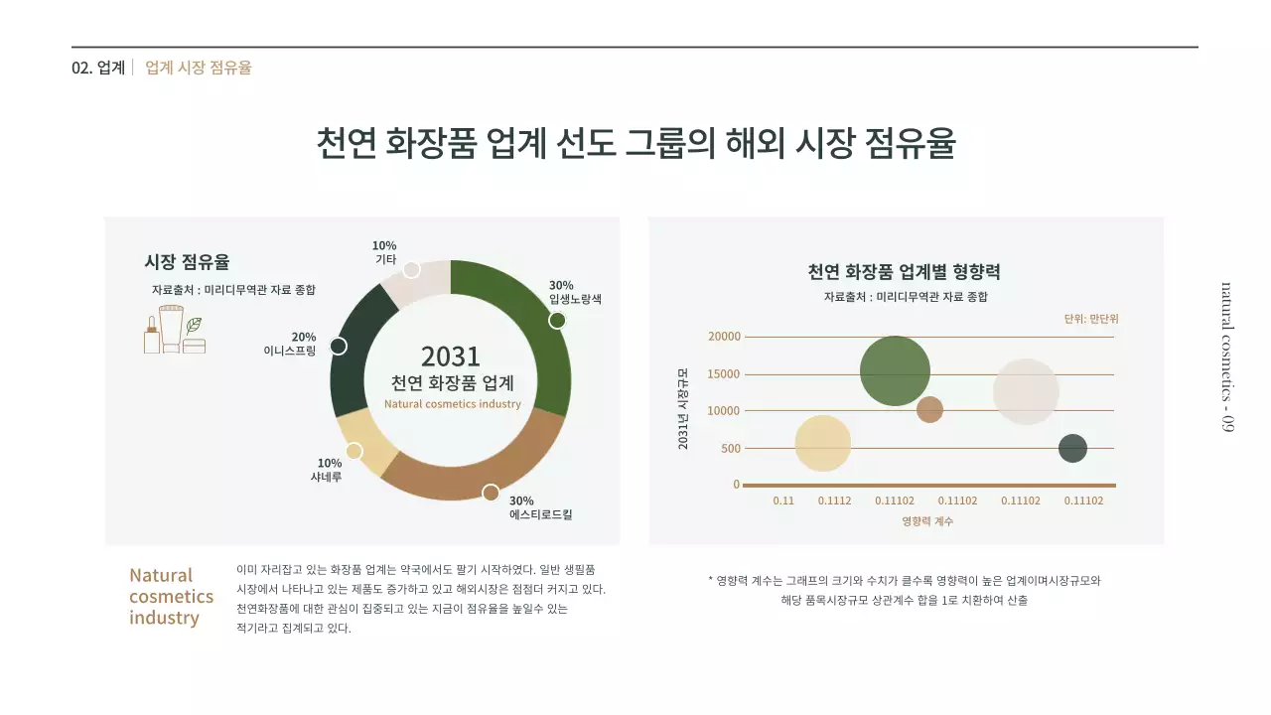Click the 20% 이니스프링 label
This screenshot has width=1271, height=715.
coord(290,344)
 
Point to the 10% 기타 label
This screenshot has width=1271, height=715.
coord(384,252)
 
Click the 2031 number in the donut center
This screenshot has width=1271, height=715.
coord(451,357)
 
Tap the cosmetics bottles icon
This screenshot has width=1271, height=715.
coord(175,330)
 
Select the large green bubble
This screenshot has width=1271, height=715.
coord(895,371)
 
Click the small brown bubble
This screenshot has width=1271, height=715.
coord(929,409)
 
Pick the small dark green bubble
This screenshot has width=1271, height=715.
coord(1072,448)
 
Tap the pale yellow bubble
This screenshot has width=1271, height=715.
coord(823,443)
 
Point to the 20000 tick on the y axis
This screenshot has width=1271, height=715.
coord(724,337)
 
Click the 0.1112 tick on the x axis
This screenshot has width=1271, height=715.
coord(834,500)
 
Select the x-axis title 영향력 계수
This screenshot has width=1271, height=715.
coord(927,521)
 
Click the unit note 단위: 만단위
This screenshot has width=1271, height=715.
coord(1090,319)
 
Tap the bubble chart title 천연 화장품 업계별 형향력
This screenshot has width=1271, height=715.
coord(904,272)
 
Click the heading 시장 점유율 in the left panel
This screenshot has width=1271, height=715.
coord(187,262)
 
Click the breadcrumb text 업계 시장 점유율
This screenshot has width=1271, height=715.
coord(199,68)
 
